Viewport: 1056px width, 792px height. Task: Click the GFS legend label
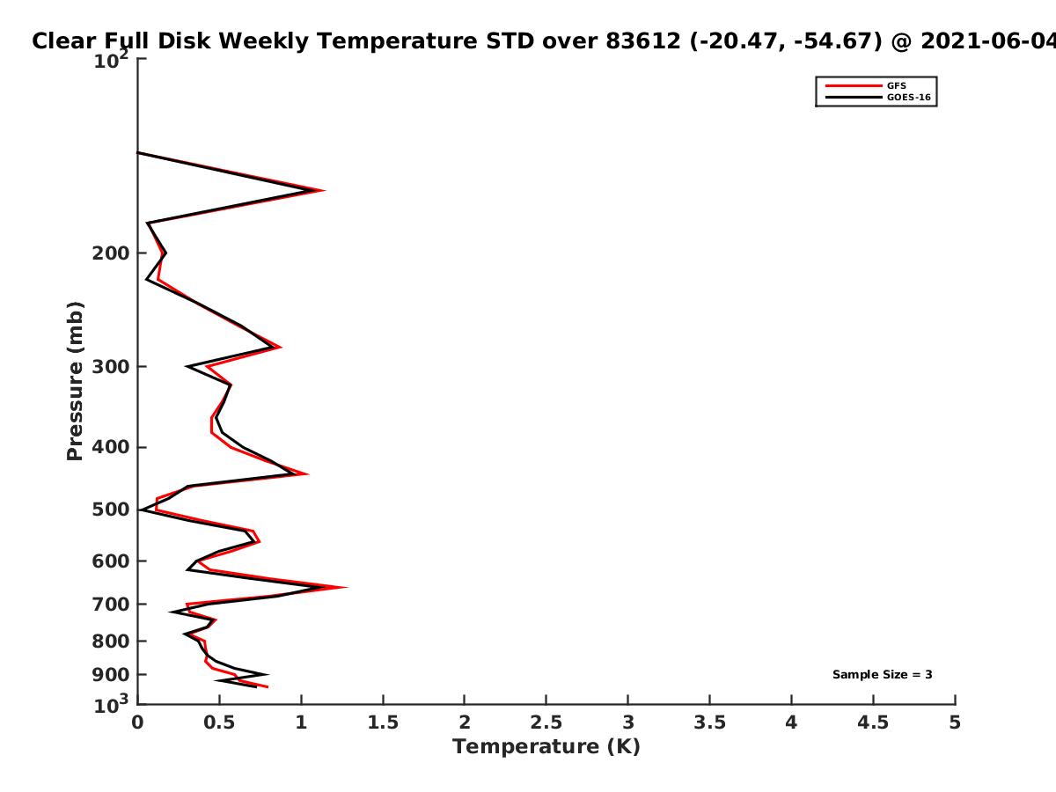897,85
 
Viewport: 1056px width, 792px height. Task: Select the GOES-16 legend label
909,97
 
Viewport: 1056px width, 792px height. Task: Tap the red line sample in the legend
854,85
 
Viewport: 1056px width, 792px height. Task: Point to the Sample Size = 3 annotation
883,675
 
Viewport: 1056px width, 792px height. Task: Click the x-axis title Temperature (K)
546,747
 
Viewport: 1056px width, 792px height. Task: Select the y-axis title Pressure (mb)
75,381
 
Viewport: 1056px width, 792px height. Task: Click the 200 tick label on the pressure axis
111,253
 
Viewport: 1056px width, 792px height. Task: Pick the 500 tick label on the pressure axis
111,510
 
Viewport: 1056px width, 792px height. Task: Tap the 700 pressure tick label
111,605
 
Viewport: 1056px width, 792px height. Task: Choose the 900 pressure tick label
111,675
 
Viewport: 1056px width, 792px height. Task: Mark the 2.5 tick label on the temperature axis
546,722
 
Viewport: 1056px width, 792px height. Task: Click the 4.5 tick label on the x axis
873,722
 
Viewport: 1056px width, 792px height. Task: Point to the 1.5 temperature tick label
383,722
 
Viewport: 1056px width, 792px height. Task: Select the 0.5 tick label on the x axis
219,722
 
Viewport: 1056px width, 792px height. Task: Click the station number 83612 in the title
643,41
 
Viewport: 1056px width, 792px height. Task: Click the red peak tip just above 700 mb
346,587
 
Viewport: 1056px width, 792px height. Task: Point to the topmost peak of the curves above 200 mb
324,190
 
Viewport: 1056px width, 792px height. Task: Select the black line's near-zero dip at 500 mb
141,510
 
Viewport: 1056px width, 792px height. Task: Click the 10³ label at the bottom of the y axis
111,705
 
